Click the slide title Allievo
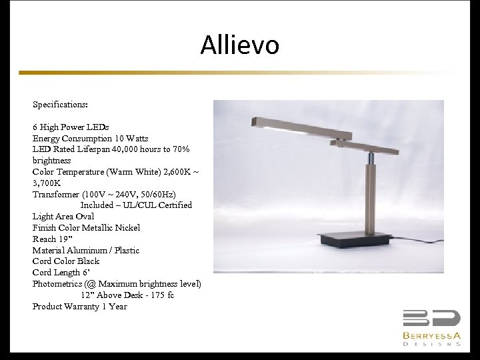point(239,45)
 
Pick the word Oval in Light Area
point(85,217)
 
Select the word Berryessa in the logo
point(431,335)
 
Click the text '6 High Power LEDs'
point(71,127)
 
